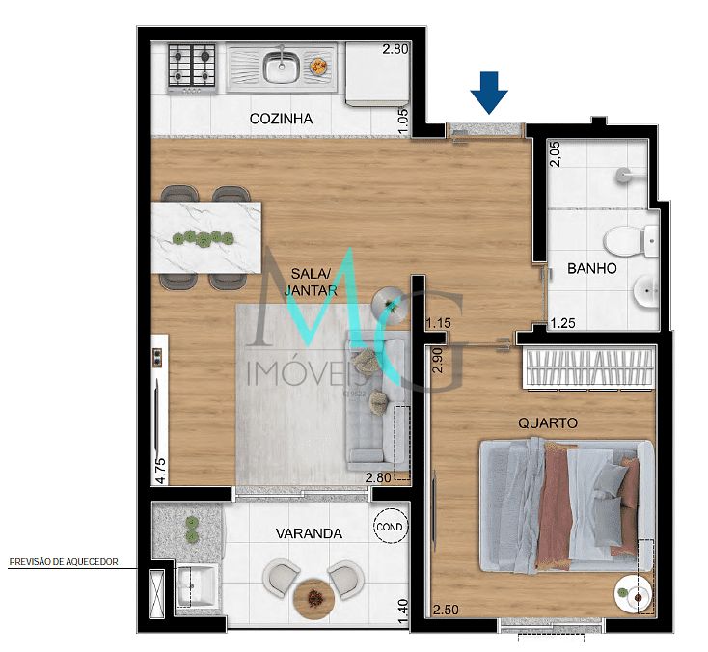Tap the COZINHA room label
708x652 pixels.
click(282, 119)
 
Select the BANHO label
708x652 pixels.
click(591, 268)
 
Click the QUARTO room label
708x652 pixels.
click(547, 422)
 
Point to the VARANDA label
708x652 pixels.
click(308, 532)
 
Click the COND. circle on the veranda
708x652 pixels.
click(391, 527)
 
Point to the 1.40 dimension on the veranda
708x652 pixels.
click(402, 608)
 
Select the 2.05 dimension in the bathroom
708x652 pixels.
click(555, 153)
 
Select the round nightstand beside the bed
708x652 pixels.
click(636, 595)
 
